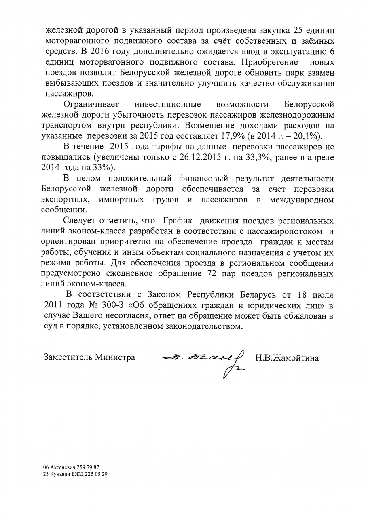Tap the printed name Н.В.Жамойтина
point(287,357)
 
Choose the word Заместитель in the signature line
point(68,357)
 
